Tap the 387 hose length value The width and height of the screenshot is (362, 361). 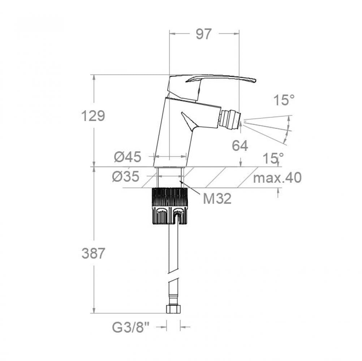click(x=93, y=253)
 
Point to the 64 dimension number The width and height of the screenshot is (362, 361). click(x=240, y=146)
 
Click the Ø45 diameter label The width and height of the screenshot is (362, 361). click(x=127, y=157)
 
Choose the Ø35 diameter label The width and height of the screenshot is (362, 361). click(x=125, y=177)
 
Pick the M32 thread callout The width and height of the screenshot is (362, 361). click(x=217, y=198)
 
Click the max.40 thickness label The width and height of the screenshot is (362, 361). click(x=277, y=178)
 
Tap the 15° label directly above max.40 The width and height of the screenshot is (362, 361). click(x=273, y=158)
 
